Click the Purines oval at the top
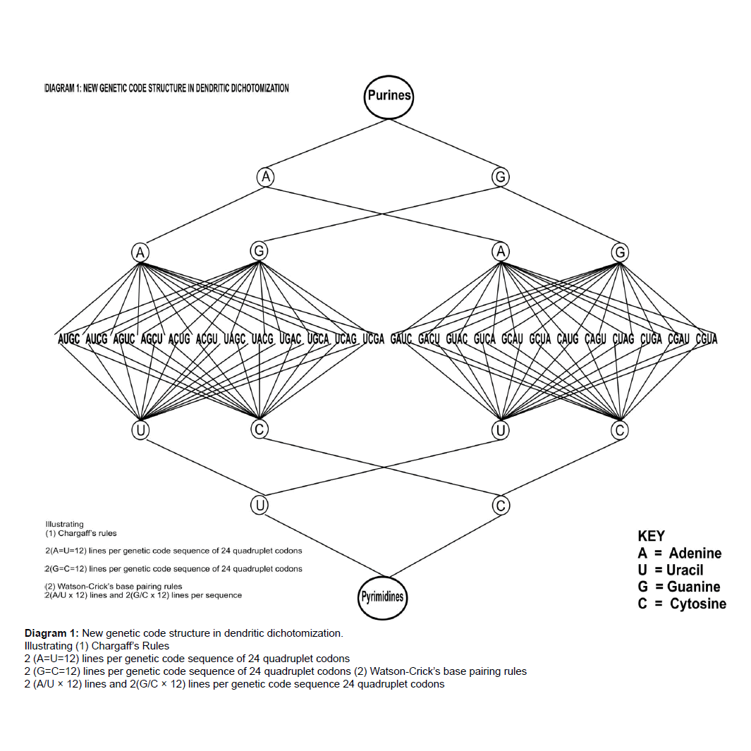pos(388,96)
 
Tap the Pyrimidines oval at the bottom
pos(383,597)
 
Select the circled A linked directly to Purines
pos(265,177)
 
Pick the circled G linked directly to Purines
pos(500,177)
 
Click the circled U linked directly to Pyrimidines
pos(260,505)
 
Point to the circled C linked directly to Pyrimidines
pos(501,505)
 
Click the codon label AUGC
pos(68,339)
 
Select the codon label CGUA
pos(706,339)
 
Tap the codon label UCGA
pos(373,339)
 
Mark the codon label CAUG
pos(568,339)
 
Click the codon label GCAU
pos(512,339)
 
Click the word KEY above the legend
pos(651,536)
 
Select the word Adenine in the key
pos(695,553)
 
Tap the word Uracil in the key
pos(685,570)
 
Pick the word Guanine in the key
pos(693,587)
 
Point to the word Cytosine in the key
pos(697,604)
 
